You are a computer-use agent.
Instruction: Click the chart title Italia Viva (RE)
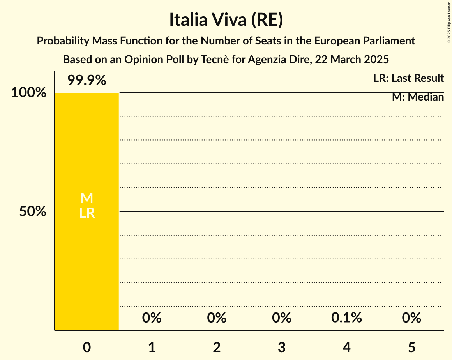click(x=226, y=20)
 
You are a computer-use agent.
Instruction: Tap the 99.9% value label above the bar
click(x=87, y=81)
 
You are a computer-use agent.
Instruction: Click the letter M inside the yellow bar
click(x=87, y=198)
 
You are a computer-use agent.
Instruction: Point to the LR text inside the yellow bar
click(x=87, y=213)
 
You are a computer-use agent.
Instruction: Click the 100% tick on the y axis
click(x=28, y=93)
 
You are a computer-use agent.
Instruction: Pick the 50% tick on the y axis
click(x=33, y=212)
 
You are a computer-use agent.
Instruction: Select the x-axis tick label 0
click(x=87, y=347)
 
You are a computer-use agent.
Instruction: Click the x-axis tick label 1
click(x=152, y=347)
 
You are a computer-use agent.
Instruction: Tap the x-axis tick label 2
click(x=217, y=347)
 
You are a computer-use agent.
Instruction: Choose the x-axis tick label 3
click(x=282, y=347)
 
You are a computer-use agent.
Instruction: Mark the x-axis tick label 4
click(x=347, y=347)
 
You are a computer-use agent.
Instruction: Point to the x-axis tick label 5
click(x=411, y=347)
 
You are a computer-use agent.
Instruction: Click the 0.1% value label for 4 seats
click(x=347, y=318)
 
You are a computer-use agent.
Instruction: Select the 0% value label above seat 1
click(x=152, y=318)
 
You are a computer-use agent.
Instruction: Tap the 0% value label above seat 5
click(x=411, y=318)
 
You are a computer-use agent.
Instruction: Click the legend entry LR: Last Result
click(x=408, y=78)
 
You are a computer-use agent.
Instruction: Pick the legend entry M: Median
click(x=418, y=97)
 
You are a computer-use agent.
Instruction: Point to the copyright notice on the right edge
click(x=448, y=22)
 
